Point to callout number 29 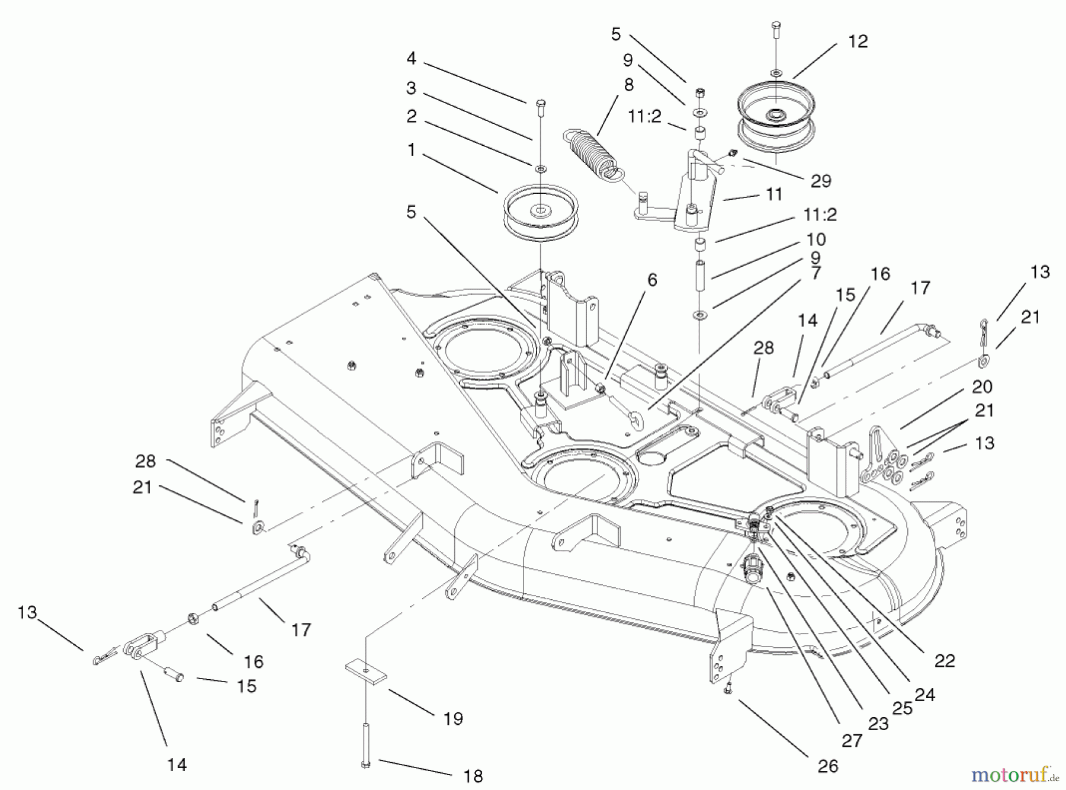[821, 180]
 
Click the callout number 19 [453, 719]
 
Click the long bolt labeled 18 [365, 744]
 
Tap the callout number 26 [827, 766]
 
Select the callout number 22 [945, 661]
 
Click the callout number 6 [652, 280]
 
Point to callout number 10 [815, 239]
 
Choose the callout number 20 [982, 387]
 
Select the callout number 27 [852, 740]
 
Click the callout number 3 [411, 88]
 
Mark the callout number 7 [816, 273]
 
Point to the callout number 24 [924, 694]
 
